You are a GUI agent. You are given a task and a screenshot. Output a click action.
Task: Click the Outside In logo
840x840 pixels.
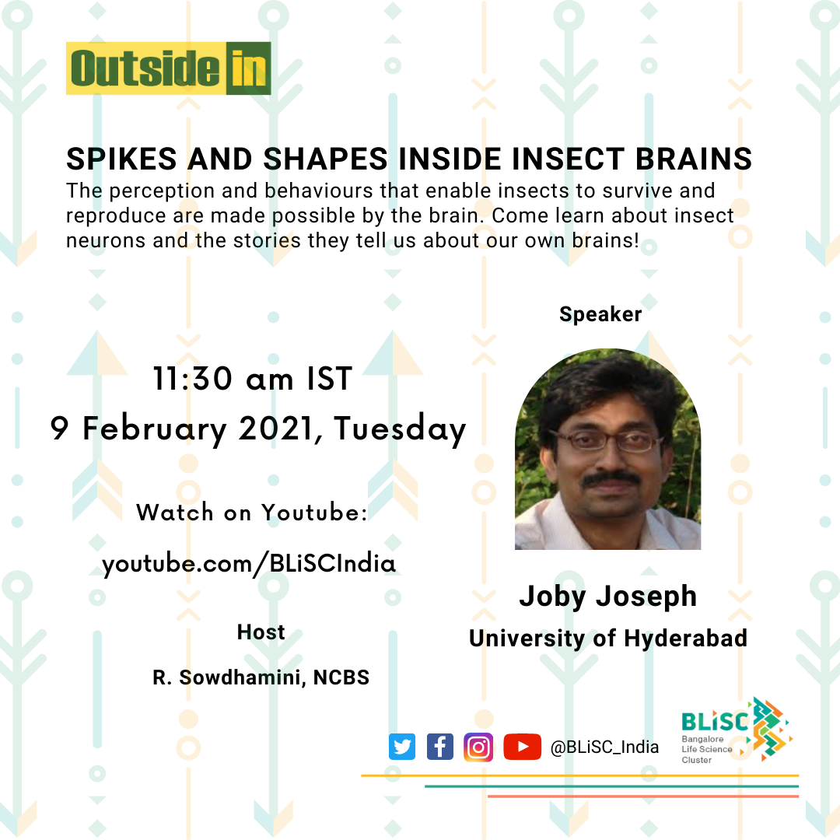click(168, 68)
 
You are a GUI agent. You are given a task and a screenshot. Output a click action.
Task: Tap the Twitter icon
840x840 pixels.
click(402, 747)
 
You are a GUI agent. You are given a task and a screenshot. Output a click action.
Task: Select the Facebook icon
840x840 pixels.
click(439, 747)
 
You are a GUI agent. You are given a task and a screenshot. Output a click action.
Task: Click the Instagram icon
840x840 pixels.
click(478, 747)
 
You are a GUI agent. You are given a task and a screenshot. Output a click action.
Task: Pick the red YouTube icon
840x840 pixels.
click(523, 747)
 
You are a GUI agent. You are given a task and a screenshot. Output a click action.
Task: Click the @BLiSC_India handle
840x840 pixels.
click(605, 747)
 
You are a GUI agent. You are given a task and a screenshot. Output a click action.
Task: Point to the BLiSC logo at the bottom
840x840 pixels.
click(737, 730)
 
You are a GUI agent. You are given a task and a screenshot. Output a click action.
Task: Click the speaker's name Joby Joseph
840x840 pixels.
click(608, 597)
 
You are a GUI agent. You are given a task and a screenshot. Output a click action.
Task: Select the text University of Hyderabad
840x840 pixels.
click(608, 639)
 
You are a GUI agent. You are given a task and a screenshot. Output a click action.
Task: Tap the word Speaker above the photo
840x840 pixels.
click(600, 314)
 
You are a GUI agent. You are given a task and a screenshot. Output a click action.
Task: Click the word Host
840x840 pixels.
click(261, 632)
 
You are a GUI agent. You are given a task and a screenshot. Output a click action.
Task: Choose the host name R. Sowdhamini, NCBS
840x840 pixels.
click(261, 677)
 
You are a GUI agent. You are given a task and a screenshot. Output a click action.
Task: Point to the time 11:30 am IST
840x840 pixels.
click(252, 379)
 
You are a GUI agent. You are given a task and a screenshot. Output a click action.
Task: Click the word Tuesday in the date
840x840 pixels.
click(401, 429)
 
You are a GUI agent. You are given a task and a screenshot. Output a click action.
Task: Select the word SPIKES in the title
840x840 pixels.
click(121, 159)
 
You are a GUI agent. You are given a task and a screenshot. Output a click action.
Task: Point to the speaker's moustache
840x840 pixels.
click(611, 479)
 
